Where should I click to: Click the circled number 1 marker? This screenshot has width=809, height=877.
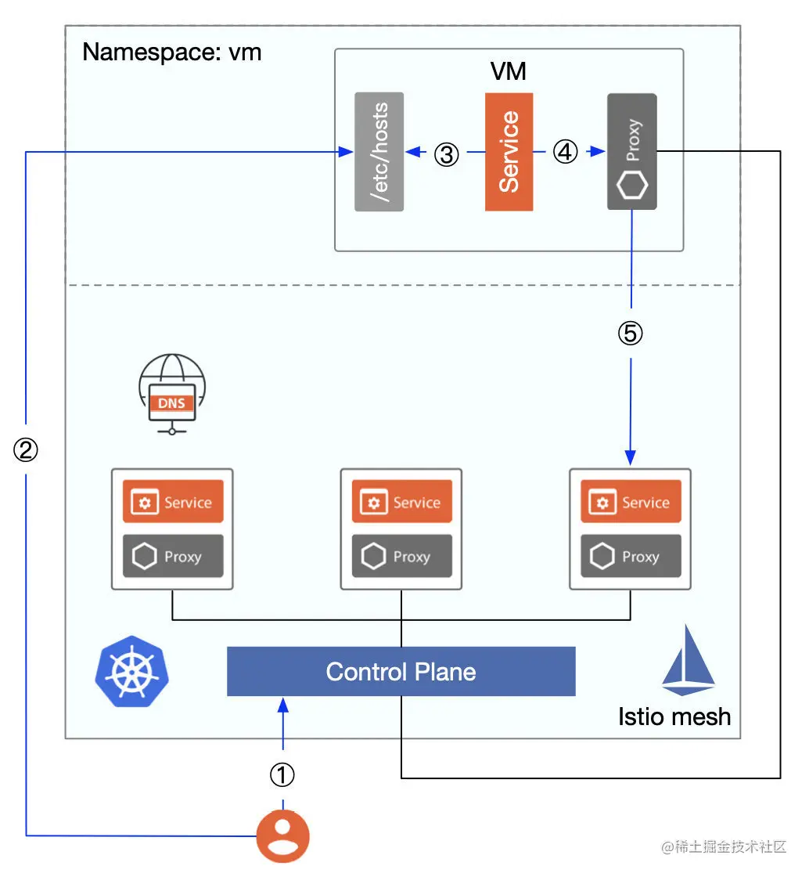pos(282,775)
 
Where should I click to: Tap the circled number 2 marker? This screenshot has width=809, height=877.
pos(26,449)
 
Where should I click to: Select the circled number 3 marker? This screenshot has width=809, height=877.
pos(446,154)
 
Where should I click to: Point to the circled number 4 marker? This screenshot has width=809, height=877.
pos(565,152)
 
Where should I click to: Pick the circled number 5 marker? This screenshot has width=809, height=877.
pos(631,334)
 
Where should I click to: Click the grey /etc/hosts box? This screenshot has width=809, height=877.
pos(379,152)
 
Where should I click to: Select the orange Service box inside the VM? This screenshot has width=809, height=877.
pos(509,152)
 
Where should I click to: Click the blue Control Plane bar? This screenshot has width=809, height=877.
pos(401,672)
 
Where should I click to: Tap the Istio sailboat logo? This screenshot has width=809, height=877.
pos(689,661)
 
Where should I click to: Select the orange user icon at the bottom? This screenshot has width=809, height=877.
pos(283,837)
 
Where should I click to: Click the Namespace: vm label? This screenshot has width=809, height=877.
pos(171,53)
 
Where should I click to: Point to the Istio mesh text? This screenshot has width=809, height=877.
pos(674,716)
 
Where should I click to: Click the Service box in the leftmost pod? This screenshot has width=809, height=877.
pos(174,503)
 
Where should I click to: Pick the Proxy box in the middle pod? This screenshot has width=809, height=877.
pos(402,557)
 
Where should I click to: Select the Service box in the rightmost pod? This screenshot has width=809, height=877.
pos(631,503)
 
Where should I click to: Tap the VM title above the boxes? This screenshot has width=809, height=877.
pos(508,72)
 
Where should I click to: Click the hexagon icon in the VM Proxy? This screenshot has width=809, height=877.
pos(631,187)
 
